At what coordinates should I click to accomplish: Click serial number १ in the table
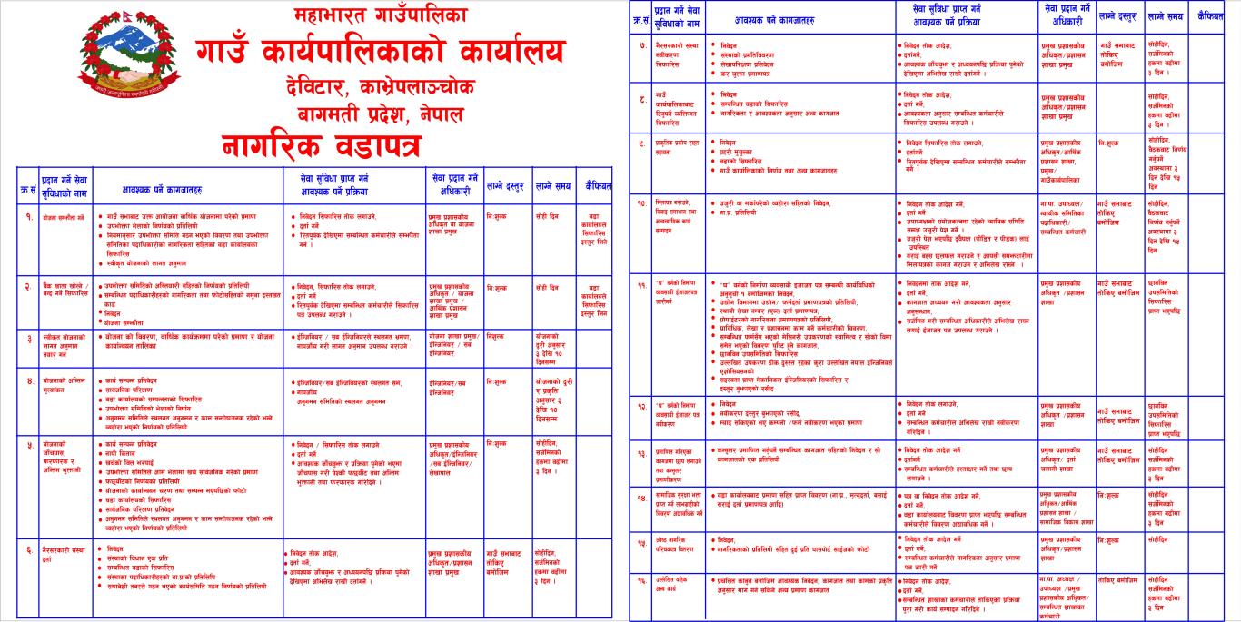point(28,218)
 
